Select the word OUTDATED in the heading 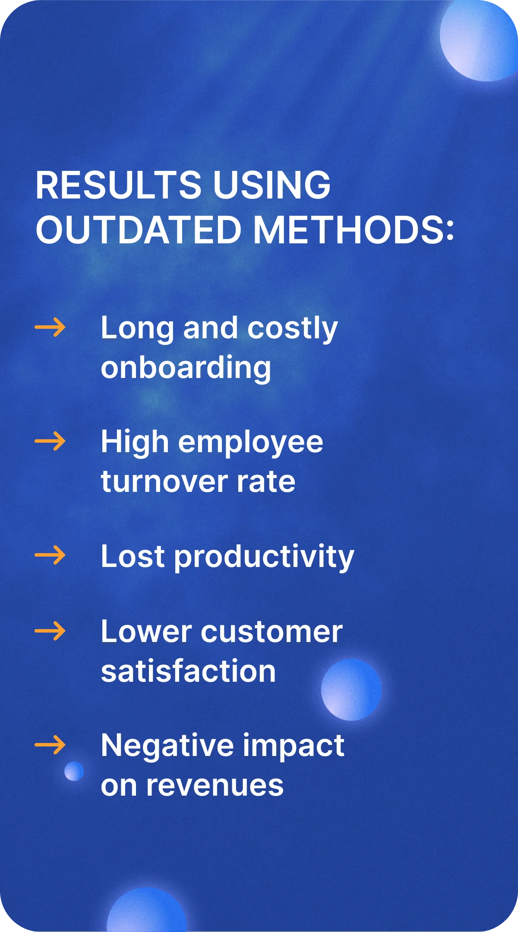[139, 230]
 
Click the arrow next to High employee [50, 441]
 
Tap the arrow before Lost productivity [50, 555]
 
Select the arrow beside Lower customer [50, 631]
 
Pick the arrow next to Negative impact [50, 745]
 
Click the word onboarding [186, 368]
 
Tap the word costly [292, 329]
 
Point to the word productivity [264, 557]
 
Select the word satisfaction [188, 671]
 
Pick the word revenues [215, 786]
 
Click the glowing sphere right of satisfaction [351, 690]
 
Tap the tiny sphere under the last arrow [74, 771]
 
